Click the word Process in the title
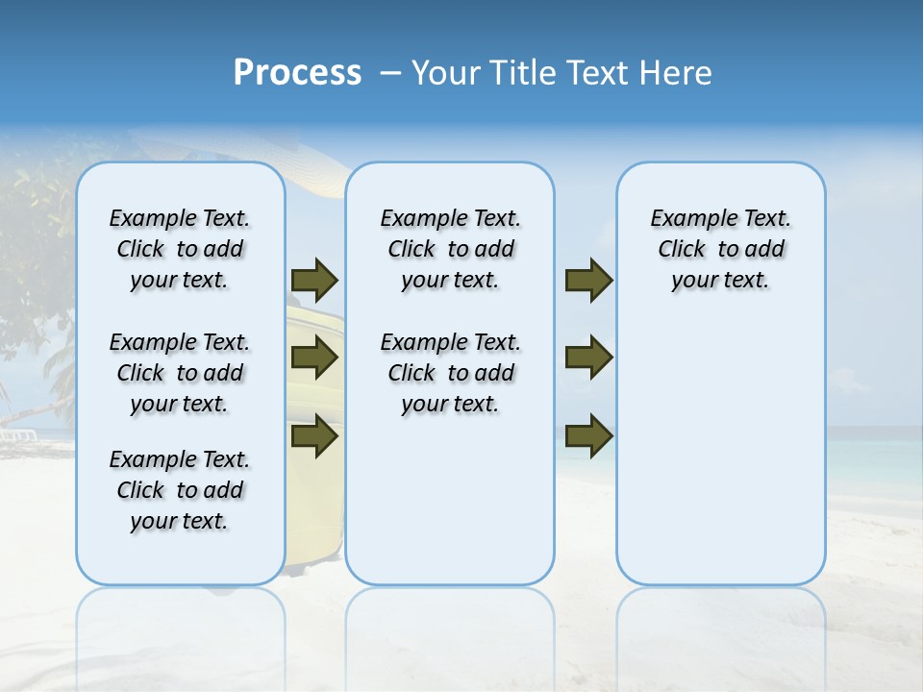(297, 72)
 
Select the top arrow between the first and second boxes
(314, 280)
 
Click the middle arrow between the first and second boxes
(314, 358)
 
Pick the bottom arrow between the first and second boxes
(314, 436)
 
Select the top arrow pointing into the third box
(588, 280)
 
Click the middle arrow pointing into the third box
(588, 358)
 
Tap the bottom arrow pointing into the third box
(588, 436)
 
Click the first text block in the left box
(180, 249)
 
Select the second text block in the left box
(180, 373)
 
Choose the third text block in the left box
(180, 490)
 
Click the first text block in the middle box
(450, 249)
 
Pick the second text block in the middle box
(450, 373)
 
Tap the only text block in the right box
(720, 249)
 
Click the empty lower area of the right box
(720, 461)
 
